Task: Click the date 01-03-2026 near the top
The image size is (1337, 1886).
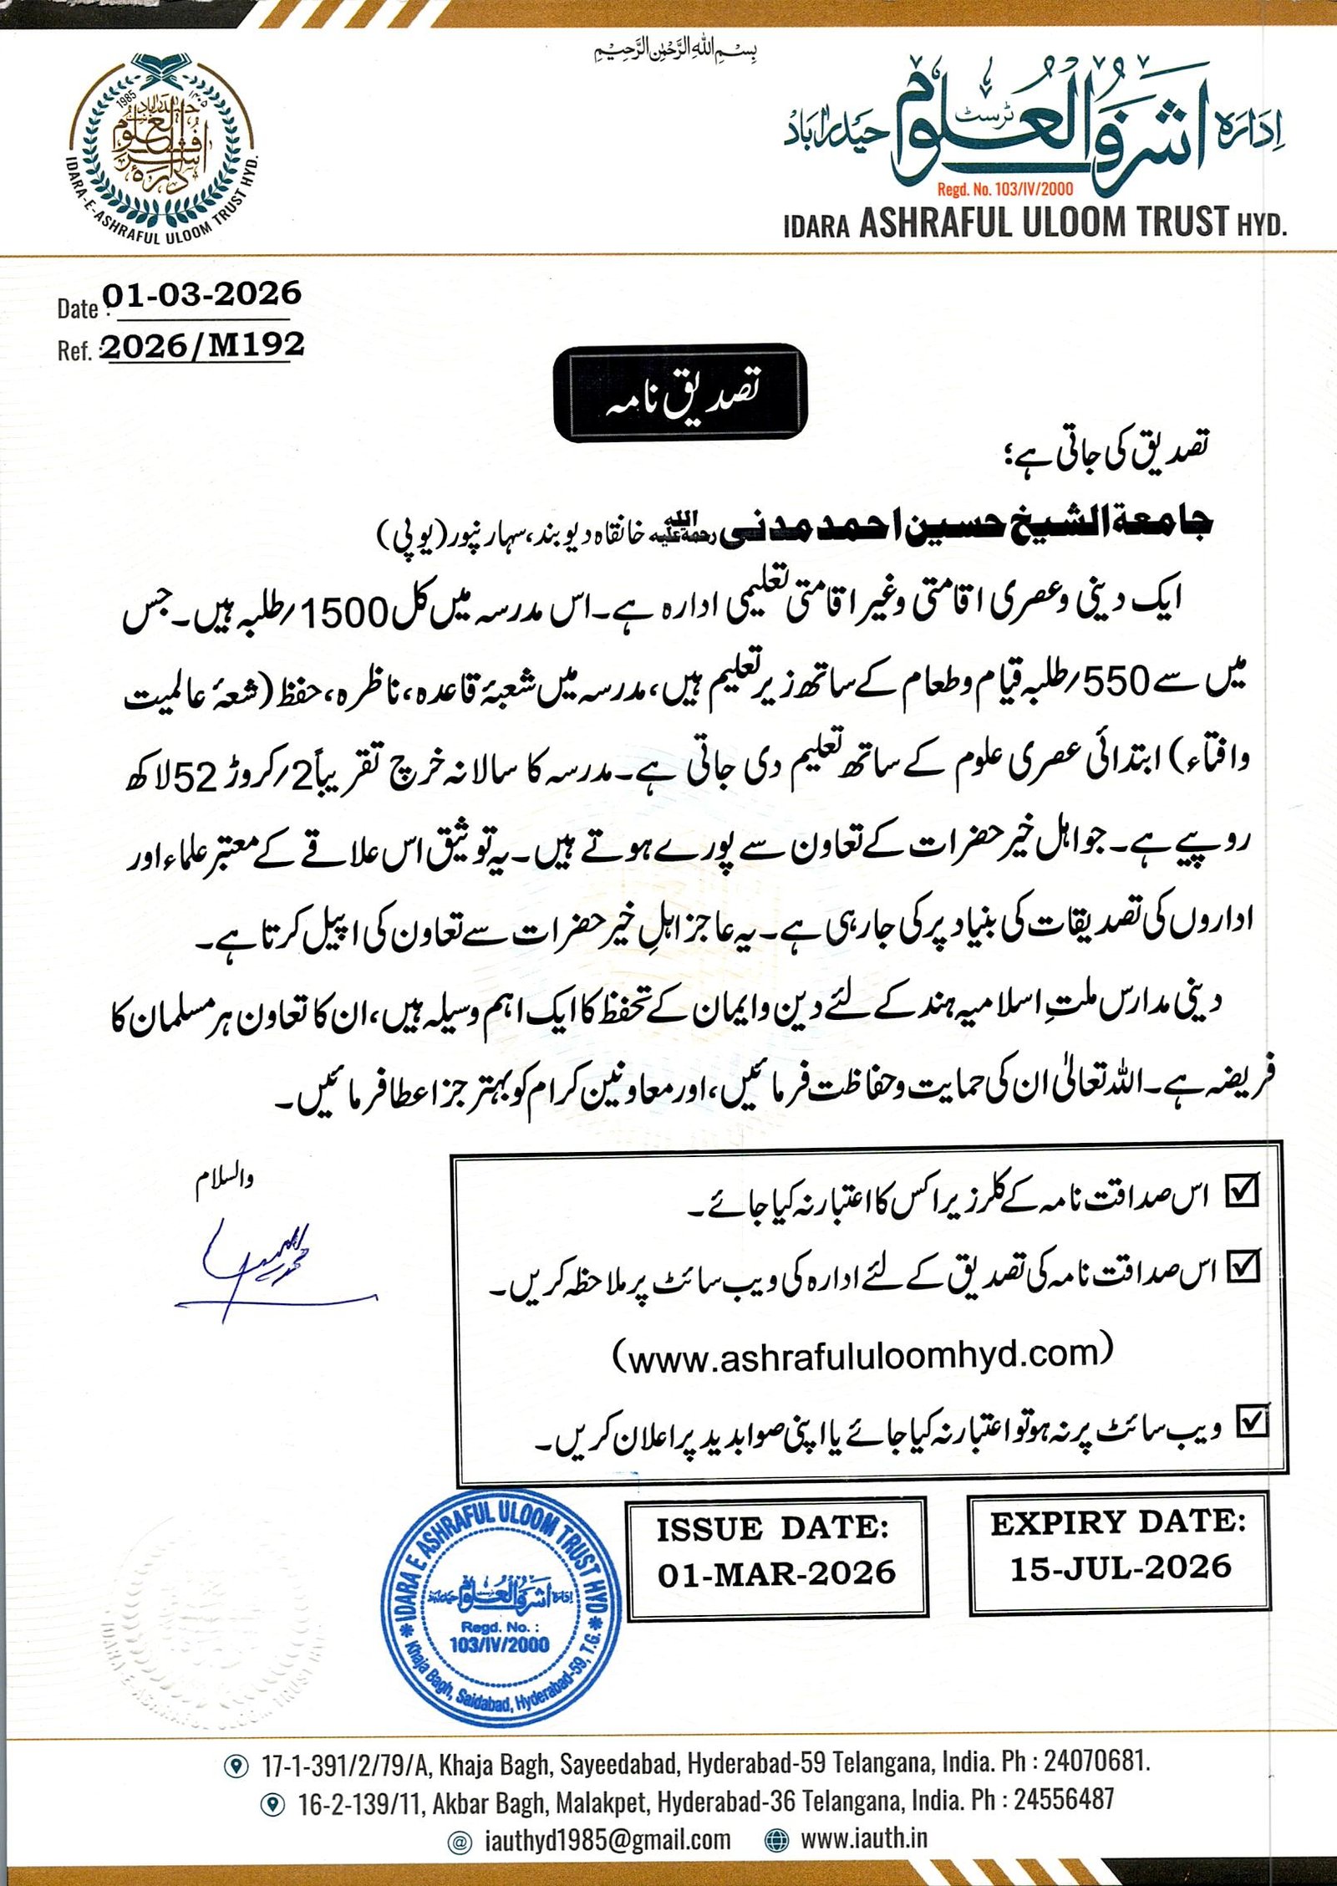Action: (201, 294)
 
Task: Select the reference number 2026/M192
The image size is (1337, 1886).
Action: (203, 345)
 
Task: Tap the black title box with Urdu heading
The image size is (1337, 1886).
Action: (681, 393)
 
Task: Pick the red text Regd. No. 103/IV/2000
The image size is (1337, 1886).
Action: (1005, 190)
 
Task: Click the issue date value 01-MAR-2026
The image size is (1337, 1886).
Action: (776, 1573)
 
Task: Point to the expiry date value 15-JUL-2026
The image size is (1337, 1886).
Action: (1121, 1567)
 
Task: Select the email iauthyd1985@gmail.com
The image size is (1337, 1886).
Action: (607, 1840)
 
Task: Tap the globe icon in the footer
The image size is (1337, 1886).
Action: (777, 1839)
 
